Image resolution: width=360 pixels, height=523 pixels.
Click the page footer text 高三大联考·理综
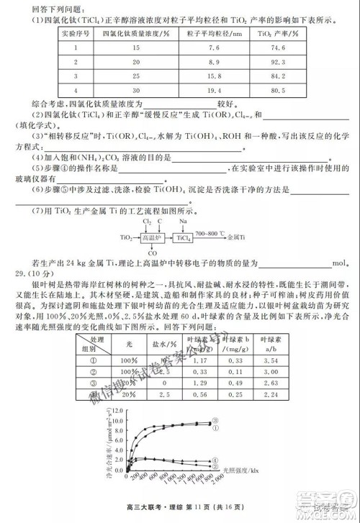coord(145,509)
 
